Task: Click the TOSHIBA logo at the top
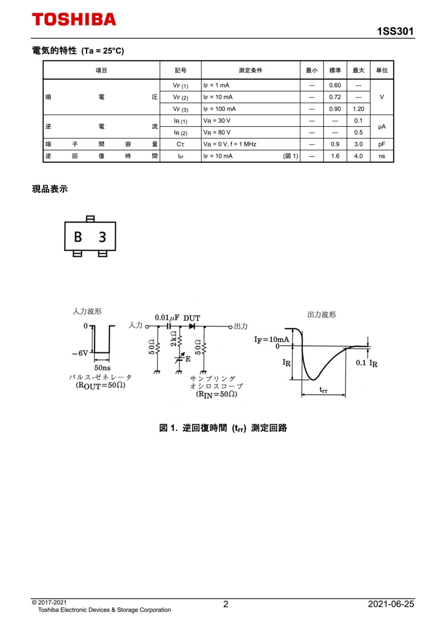(x=74, y=19)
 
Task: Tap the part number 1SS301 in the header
(x=395, y=31)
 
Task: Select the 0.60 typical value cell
(x=335, y=85)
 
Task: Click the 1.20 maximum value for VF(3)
(x=358, y=109)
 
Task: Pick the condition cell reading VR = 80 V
(x=217, y=133)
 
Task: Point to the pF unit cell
(x=381, y=145)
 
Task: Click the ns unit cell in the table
(x=381, y=156)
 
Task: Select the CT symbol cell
(x=180, y=145)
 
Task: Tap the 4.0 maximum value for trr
(x=358, y=156)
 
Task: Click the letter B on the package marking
(x=78, y=237)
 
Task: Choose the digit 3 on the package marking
(x=102, y=237)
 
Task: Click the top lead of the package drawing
(x=90, y=219)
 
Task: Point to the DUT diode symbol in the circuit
(x=192, y=326)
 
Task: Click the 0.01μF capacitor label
(x=167, y=318)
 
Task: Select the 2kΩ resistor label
(x=174, y=339)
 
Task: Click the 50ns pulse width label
(x=102, y=368)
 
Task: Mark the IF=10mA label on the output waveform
(x=271, y=339)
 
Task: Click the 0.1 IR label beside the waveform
(x=366, y=363)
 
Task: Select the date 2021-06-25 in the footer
(x=391, y=604)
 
